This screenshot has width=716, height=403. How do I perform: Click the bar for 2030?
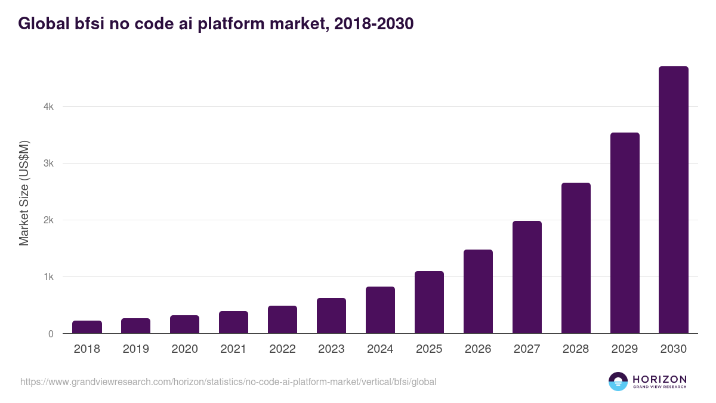[674, 200]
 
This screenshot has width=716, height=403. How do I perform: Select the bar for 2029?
[625, 233]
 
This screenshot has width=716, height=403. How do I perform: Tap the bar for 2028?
[576, 258]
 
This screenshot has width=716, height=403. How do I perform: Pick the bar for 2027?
[527, 277]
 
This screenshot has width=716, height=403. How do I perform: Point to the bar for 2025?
[429, 302]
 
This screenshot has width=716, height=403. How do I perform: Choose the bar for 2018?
[87, 327]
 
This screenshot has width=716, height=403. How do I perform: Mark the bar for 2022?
[282, 319]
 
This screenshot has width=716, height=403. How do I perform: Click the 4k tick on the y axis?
[48, 107]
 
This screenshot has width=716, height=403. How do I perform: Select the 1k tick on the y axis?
[48, 277]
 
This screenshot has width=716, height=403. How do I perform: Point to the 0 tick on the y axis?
[51, 334]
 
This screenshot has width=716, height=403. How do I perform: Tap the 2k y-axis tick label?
[48, 220]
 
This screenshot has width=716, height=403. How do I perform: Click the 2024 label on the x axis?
[380, 349]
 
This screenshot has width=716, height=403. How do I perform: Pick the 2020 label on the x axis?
[184, 349]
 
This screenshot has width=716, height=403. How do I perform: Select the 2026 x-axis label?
[478, 349]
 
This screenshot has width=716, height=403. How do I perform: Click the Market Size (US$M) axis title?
[24, 193]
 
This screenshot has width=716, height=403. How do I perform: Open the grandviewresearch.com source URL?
[228, 382]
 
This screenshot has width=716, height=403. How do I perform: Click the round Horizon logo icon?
[618, 382]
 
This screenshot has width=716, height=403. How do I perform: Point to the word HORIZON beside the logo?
[659, 379]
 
